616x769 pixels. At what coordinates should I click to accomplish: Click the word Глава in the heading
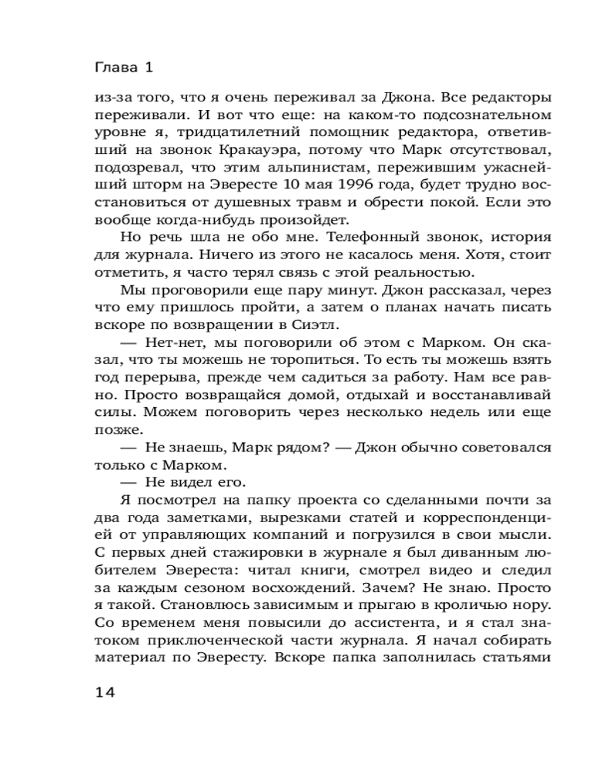(x=114, y=68)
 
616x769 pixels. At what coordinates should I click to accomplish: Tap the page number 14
(x=104, y=692)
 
